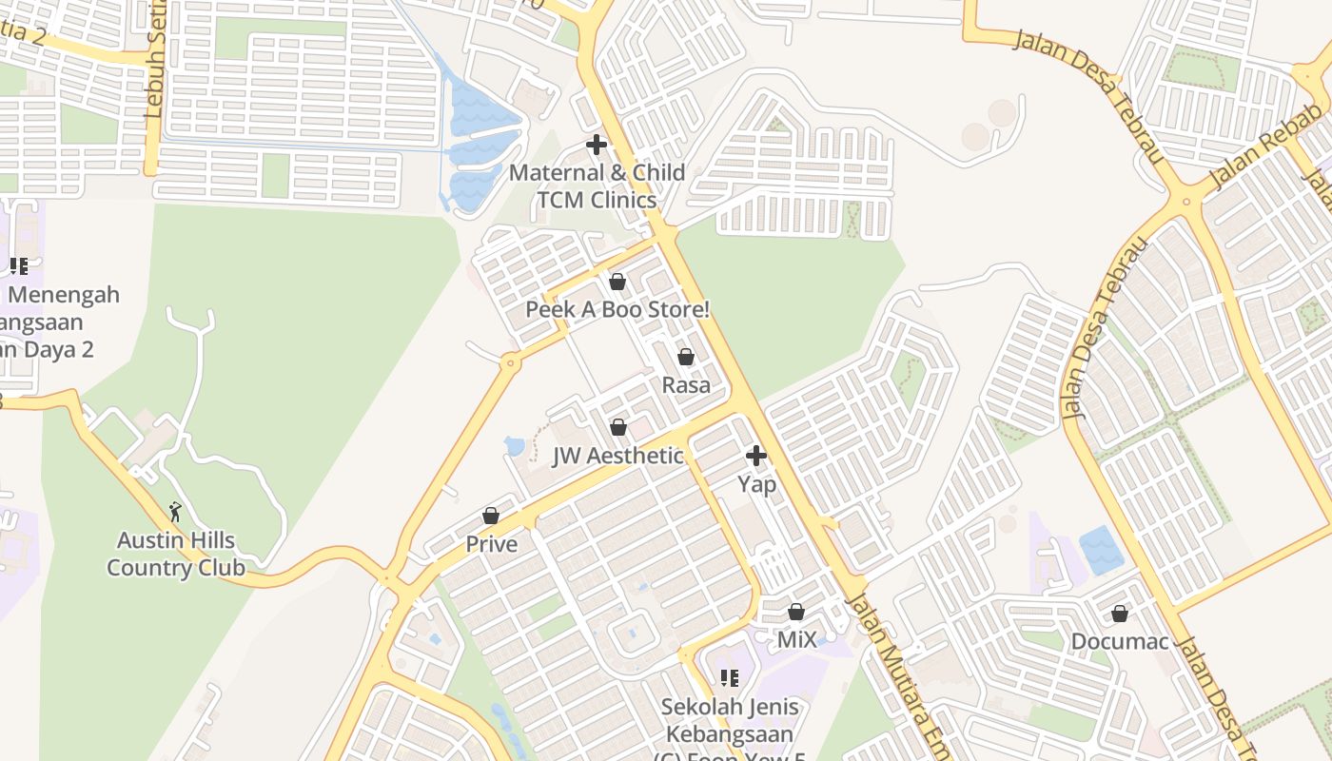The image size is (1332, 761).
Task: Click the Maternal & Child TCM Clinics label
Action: [x=597, y=186]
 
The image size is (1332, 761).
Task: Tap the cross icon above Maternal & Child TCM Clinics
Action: [x=597, y=145]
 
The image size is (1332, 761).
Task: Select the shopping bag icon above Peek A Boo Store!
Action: [x=617, y=282]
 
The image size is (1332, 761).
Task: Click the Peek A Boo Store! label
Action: [x=617, y=310]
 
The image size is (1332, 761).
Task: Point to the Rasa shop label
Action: [x=686, y=385]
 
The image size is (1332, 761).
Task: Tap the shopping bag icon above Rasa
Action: [x=686, y=357]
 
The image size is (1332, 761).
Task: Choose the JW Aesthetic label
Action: [x=617, y=456]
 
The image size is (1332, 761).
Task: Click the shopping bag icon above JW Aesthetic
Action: [x=618, y=427]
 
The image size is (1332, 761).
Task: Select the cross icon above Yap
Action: [x=756, y=456]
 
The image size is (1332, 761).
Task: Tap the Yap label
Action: [x=757, y=484]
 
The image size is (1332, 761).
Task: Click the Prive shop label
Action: [x=491, y=544]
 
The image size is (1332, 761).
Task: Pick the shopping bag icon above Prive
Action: [x=491, y=516]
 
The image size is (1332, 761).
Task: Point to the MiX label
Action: [x=796, y=640]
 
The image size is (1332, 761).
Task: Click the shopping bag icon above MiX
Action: [x=796, y=612]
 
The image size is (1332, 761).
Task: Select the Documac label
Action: [x=1119, y=641]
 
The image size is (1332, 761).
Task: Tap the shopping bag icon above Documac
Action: [x=1120, y=614]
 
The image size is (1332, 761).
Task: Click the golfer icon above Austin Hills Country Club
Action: [x=175, y=512]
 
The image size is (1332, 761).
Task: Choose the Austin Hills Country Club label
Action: [x=176, y=555]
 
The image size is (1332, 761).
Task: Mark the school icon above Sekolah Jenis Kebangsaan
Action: [x=730, y=678]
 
